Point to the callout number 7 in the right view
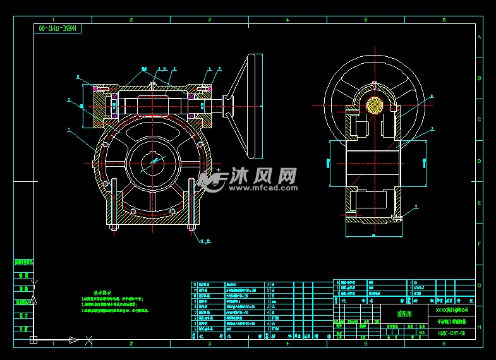[x=416, y=207]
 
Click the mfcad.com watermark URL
[x=265, y=188]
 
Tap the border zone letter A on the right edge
[x=479, y=37]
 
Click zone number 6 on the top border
[x=444, y=20]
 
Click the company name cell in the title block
[x=451, y=310]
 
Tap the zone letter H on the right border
[x=479, y=327]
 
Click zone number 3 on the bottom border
[x=209, y=344]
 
